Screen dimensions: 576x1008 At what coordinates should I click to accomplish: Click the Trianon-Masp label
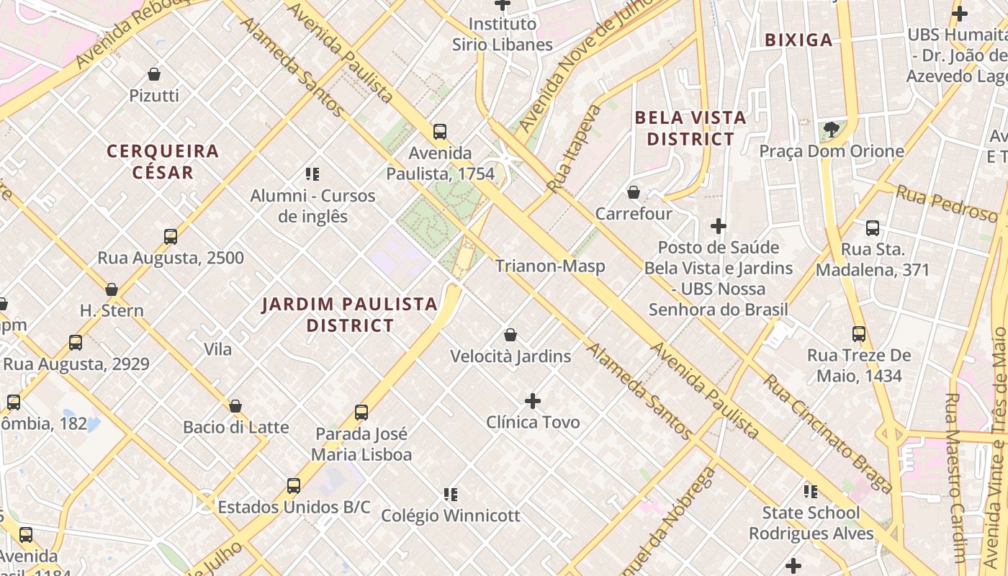pos(550,266)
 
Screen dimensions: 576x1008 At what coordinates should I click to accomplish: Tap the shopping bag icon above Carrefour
pos(634,192)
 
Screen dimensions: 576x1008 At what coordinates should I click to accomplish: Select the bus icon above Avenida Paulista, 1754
pos(440,132)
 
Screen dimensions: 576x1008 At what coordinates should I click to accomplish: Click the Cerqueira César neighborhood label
pos(163,161)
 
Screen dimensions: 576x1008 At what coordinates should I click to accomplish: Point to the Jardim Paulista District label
pos(350,315)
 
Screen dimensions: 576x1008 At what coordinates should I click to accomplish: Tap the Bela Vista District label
pos(690,128)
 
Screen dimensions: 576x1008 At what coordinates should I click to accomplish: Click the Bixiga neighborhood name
pos(798,40)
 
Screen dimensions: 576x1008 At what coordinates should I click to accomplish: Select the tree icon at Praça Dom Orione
pos(832,130)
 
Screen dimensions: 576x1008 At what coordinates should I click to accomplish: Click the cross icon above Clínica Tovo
pos(533,400)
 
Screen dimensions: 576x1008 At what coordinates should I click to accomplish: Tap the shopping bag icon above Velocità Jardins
pos(510,335)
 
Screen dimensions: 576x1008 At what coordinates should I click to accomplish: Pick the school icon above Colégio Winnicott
pos(451,494)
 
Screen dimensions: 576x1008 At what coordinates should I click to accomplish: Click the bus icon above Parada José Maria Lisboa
pos(361,413)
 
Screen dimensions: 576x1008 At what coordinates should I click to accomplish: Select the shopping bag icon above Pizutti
pos(154,73)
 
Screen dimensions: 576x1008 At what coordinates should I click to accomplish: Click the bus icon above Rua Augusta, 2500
pos(171,236)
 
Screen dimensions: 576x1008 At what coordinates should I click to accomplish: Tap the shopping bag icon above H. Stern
pos(112,289)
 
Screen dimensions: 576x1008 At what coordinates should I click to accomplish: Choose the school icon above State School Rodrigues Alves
pos(811,491)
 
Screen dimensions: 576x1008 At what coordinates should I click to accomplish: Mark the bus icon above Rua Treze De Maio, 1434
pos(859,333)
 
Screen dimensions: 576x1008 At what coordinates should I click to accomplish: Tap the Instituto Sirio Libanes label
pos(503,34)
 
